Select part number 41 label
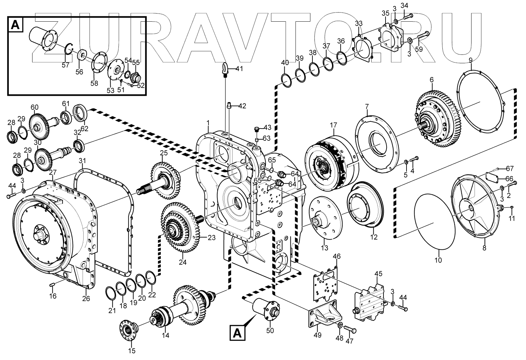click(239, 69)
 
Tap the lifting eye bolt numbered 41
click(225, 69)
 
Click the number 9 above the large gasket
click(470, 61)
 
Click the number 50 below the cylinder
click(270, 330)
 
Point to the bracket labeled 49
click(324, 314)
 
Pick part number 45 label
click(378, 273)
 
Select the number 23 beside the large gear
click(211, 238)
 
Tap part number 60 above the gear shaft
click(35, 108)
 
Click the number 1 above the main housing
click(208, 122)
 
